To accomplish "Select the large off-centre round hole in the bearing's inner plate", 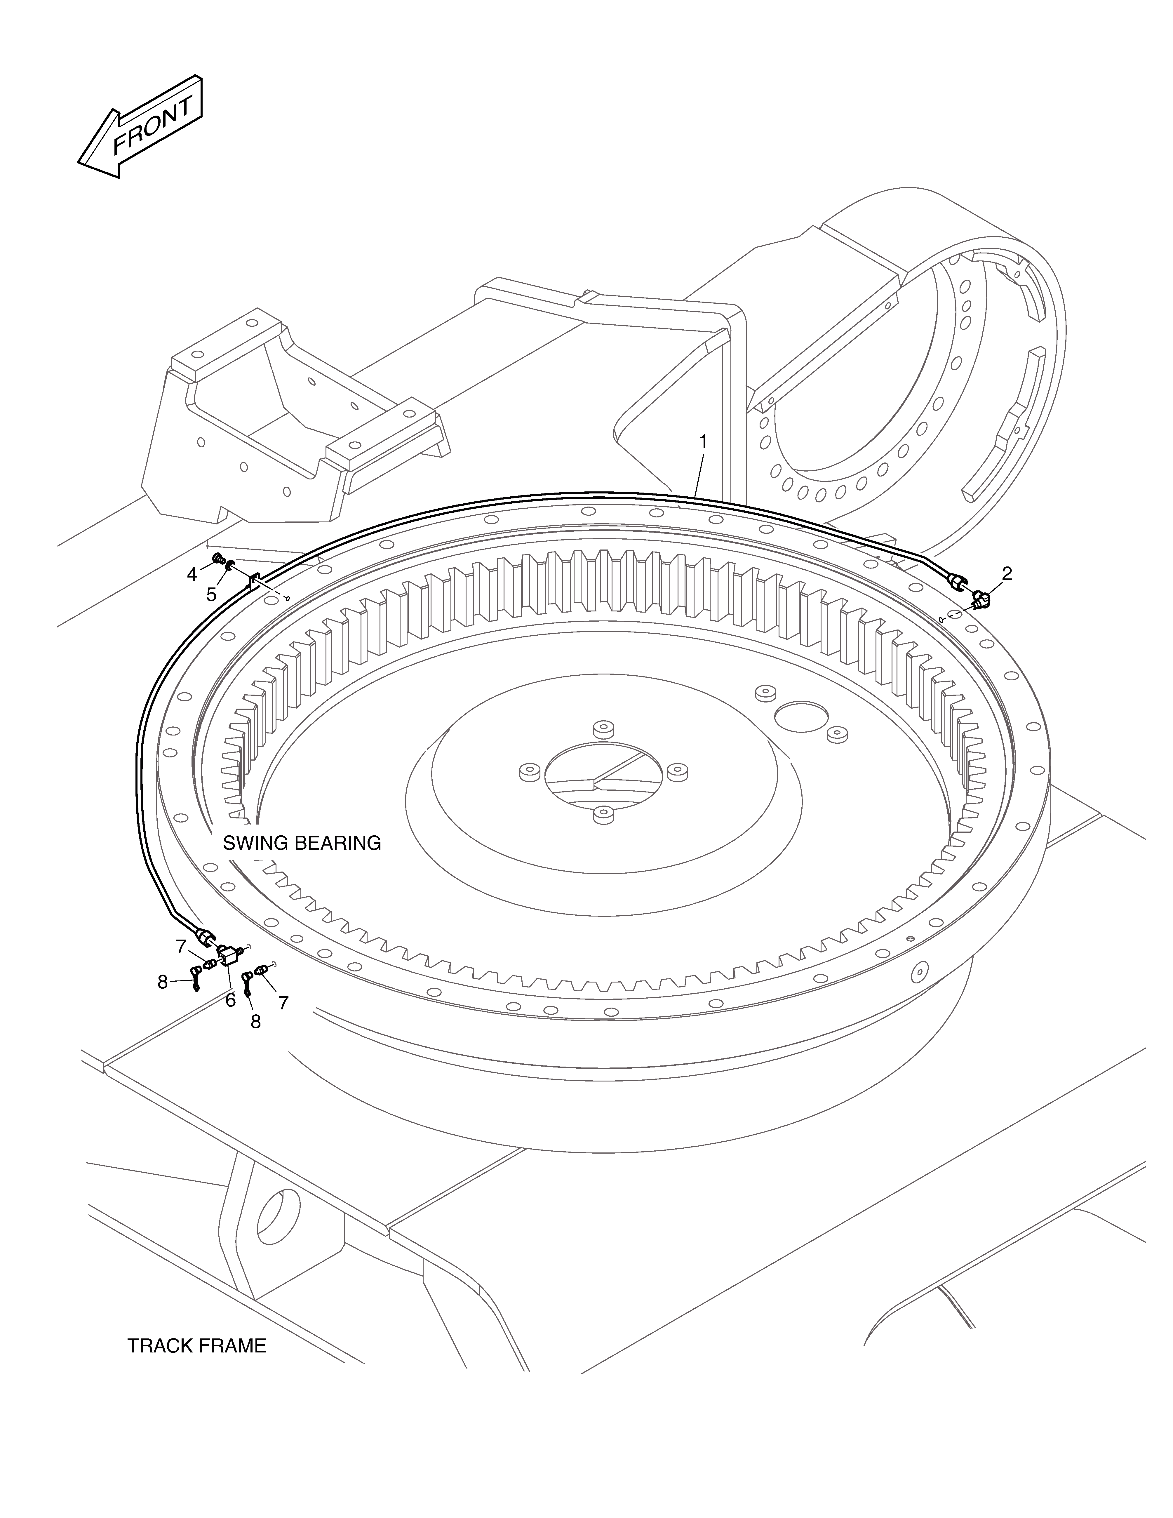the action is coord(803,716).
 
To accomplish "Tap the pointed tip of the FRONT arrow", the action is coord(78,164).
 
